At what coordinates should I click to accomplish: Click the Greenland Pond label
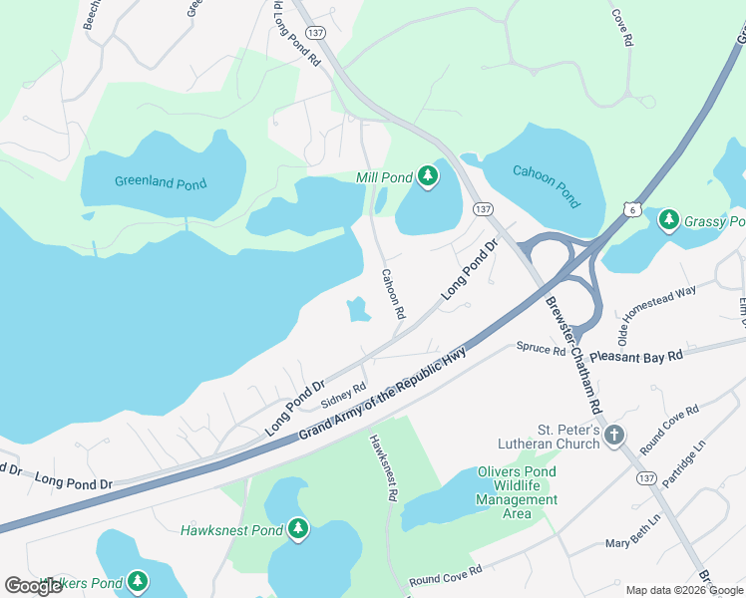click(161, 183)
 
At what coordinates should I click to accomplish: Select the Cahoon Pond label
click(546, 185)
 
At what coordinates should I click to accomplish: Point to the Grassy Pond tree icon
click(668, 219)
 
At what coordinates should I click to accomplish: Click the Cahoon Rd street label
click(393, 293)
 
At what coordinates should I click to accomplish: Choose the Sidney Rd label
click(344, 396)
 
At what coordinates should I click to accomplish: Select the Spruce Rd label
click(541, 348)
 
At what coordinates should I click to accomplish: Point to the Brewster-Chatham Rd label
click(573, 355)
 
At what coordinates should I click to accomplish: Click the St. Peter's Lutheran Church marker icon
click(614, 435)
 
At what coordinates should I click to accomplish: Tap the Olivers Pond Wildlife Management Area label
click(517, 492)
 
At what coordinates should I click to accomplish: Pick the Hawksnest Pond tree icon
click(297, 529)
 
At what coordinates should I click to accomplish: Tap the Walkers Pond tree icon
click(137, 581)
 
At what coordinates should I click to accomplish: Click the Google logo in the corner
click(34, 586)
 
